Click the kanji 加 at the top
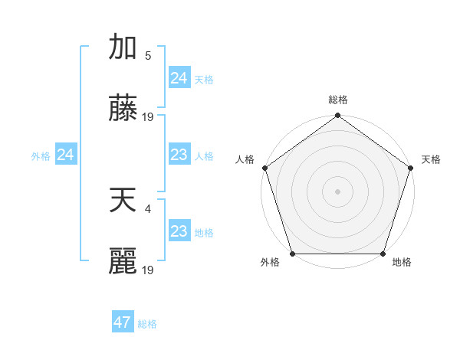click(x=123, y=47)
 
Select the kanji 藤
click(x=123, y=109)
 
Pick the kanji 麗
click(x=123, y=262)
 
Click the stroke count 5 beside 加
click(x=148, y=55)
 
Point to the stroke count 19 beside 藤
click(x=149, y=117)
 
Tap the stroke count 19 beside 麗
click(x=149, y=270)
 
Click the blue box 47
click(x=122, y=322)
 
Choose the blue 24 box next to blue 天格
click(x=179, y=77)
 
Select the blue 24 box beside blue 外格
click(x=65, y=155)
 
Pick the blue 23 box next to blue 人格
click(x=179, y=155)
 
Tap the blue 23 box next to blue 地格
click(x=179, y=231)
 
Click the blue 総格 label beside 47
click(x=147, y=324)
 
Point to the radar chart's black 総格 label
click(x=338, y=100)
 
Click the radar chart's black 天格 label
click(x=431, y=159)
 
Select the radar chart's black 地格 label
click(x=402, y=263)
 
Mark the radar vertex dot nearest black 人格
click(x=265, y=168)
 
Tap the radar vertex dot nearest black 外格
click(x=293, y=254)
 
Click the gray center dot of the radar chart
click(x=338, y=191)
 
